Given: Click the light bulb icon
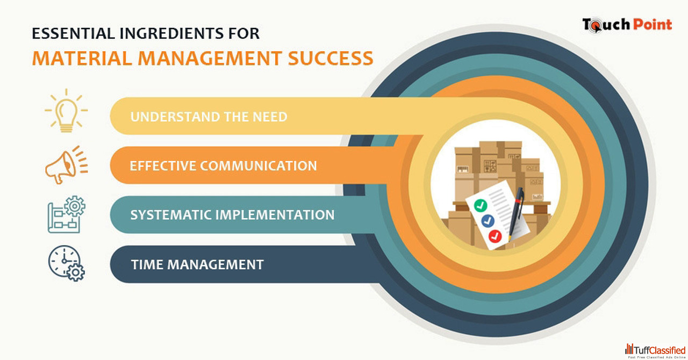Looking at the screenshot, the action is [66, 111].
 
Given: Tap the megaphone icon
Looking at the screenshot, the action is [66, 165].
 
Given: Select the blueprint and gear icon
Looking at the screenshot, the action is [66, 214].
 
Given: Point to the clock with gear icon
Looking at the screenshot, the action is [66, 263].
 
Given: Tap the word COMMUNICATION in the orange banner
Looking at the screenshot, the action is [259, 166].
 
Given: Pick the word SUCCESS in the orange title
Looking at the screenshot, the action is [331, 59].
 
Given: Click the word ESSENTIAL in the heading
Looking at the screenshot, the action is [74, 33].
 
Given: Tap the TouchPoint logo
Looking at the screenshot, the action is [627, 25].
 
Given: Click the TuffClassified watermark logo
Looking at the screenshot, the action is [655, 351].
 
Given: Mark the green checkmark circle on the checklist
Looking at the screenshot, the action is [481, 205].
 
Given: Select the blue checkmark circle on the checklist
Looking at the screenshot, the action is [488, 221].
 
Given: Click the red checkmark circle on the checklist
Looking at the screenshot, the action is [495, 236].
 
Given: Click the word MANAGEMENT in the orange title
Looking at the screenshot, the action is [210, 59].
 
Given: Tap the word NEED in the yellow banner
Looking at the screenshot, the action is [270, 117].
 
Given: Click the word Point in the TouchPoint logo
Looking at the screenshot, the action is [653, 25].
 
